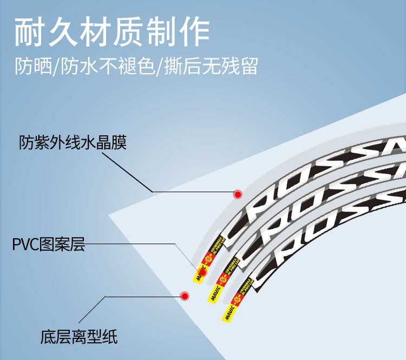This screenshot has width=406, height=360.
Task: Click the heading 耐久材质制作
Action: click(112, 33)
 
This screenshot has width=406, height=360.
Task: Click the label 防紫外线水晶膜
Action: click(73, 143)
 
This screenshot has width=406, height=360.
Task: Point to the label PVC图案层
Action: click(49, 245)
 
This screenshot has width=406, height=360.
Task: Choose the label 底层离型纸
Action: click(79, 337)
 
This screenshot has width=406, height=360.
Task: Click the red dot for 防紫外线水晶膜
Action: click(237, 194)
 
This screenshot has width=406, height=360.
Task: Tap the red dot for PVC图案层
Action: click(204, 271)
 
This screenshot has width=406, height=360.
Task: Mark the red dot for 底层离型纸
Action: click(185, 296)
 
